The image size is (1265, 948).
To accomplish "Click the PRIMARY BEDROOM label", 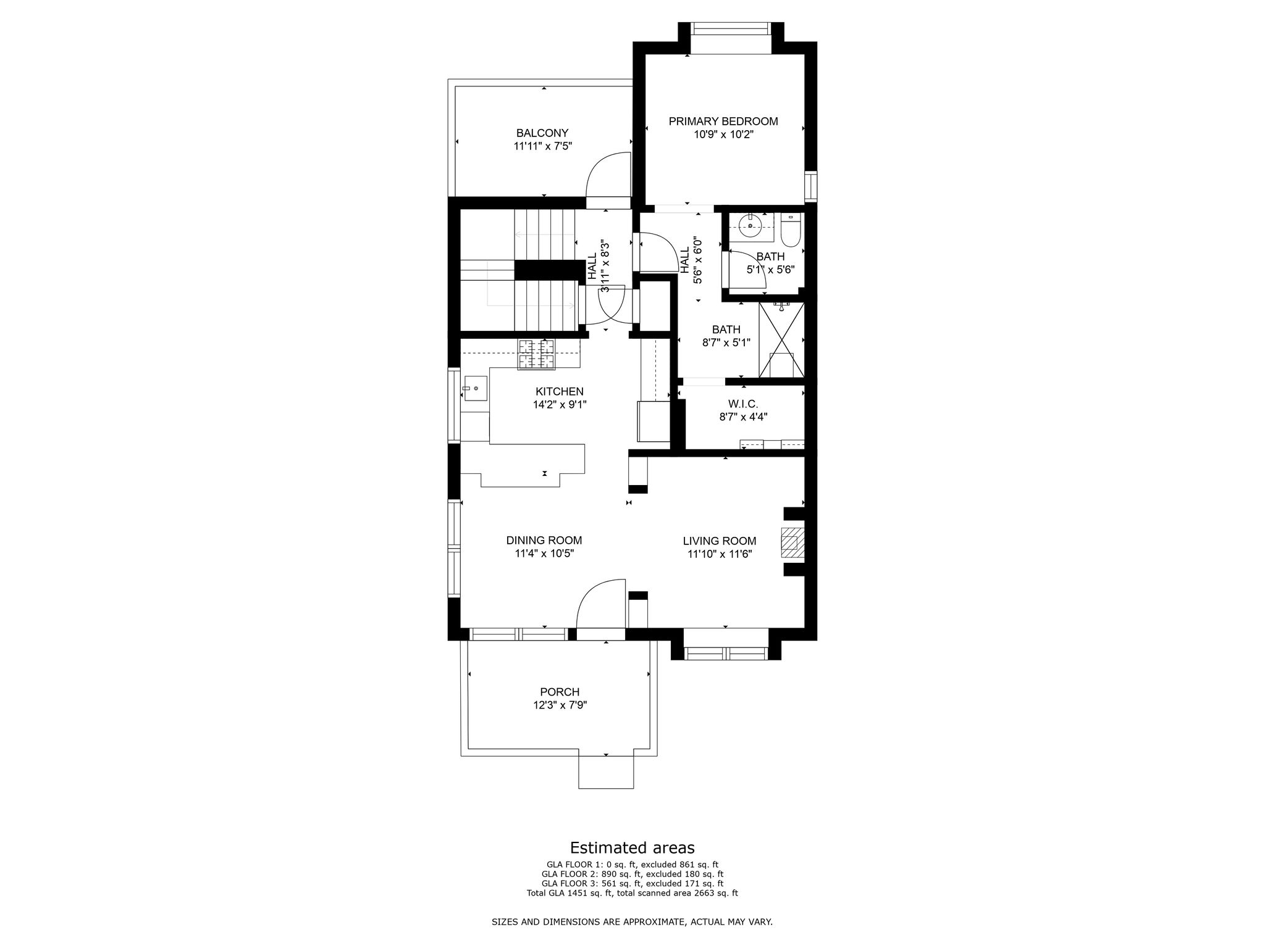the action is coord(723,122).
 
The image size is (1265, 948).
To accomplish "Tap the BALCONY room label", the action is coord(542,133).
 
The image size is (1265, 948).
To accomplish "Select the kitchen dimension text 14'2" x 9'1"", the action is coord(560,405).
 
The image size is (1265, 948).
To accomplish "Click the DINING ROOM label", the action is coord(544,541).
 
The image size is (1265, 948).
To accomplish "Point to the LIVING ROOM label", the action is coord(720,541).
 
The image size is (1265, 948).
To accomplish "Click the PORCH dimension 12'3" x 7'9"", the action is coord(560,705).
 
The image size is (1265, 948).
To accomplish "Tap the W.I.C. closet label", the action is coord(743,404).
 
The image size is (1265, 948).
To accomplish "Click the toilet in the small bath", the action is coord(791,230).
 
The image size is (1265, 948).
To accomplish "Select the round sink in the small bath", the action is coord(750,226).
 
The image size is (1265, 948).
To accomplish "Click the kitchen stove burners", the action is coord(536,355).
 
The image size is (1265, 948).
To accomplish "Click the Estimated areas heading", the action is coord(632,847).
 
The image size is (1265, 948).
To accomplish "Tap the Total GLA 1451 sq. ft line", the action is coord(632,893).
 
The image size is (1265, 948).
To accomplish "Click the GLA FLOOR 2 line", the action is coord(632,875).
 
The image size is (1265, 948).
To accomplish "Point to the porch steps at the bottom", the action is coord(605,771).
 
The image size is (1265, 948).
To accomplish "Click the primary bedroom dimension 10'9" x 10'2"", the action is coord(723,135).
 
